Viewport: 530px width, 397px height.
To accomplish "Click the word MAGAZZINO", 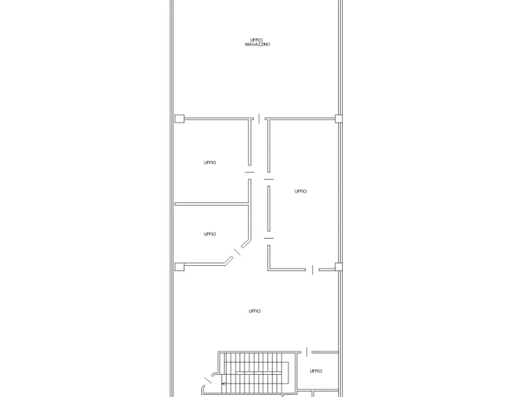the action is tap(258, 44).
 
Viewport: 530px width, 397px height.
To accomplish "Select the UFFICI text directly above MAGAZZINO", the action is tap(256, 40).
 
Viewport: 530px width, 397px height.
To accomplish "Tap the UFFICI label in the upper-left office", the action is tap(210, 163).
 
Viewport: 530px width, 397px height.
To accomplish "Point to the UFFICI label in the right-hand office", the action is tap(301, 191).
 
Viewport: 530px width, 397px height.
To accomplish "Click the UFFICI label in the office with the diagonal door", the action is tap(210, 234).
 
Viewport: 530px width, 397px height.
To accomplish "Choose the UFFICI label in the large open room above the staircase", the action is tap(255, 311).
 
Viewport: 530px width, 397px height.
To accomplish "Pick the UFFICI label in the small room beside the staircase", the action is tap(316, 371).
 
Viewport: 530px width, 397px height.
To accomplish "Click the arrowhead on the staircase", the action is tap(224, 383).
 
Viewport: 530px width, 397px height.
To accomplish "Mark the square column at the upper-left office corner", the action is tap(179, 119).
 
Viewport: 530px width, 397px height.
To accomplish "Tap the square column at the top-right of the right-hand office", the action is tap(339, 119).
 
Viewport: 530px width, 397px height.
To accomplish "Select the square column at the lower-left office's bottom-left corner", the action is tap(179, 267).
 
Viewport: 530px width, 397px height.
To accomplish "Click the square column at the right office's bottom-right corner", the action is tap(339, 267).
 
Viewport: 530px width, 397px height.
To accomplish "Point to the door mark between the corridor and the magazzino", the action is tap(259, 119).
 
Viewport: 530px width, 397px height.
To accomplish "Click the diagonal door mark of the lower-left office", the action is tap(237, 252).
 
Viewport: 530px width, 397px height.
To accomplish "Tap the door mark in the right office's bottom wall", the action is tap(313, 270).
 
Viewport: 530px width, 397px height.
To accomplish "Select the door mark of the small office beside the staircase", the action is tap(307, 352).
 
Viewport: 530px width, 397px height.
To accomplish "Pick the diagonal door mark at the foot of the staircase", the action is tap(208, 380).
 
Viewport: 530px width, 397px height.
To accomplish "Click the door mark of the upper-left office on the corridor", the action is tap(249, 172).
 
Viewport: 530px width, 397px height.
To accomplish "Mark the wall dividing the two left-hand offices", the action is tap(212, 204).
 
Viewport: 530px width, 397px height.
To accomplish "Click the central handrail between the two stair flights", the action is tap(259, 373).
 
